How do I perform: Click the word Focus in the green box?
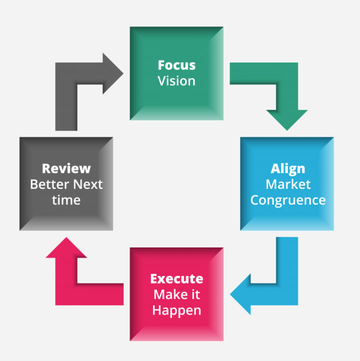pyautogui.click(x=176, y=65)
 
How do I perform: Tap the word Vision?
pyautogui.click(x=176, y=80)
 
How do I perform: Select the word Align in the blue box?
pyautogui.click(x=287, y=168)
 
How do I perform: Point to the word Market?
pyautogui.click(x=287, y=184)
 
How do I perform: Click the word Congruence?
pyautogui.click(x=287, y=200)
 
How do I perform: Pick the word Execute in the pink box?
pyautogui.click(x=176, y=278)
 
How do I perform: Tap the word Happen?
pyautogui.click(x=176, y=310)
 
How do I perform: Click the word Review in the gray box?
pyautogui.click(x=66, y=168)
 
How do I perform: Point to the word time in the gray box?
pyautogui.click(x=66, y=200)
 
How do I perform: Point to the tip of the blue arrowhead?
pyautogui.click(x=231, y=292)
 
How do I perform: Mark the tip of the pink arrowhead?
pyautogui.click(x=66, y=238)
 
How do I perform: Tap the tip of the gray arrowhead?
pyautogui.click(x=123, y=74)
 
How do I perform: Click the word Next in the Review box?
pyautogui.click(x=88, y=184)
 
